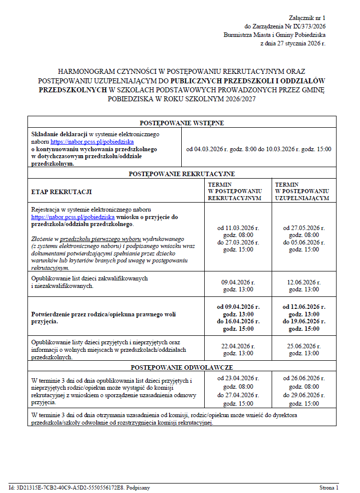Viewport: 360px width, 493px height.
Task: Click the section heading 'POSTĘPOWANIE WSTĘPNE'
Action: coord(182,123)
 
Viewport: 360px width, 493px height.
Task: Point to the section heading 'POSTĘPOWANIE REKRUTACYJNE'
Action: coord(182,174)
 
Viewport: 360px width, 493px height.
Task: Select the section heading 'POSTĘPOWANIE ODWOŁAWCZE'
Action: coord(182,367)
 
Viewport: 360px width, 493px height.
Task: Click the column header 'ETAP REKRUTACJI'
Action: coord(61,192)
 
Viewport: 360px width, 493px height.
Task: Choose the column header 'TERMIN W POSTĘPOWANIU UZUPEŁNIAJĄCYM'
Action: coord(302,191)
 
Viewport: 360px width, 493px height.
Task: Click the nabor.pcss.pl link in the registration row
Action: coord(73,217)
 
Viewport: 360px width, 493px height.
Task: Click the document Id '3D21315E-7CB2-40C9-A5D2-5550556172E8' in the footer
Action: coord(65,488)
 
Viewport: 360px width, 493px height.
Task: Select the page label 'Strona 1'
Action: coord(329,488)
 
